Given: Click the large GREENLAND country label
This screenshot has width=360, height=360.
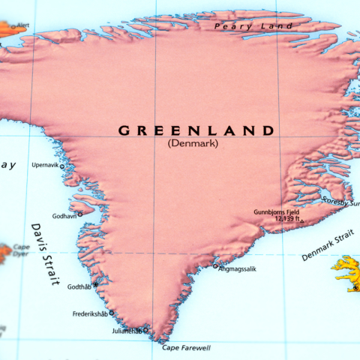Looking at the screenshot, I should click(196, 130).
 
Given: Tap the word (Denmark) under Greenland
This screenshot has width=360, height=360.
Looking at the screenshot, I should click(193, 143).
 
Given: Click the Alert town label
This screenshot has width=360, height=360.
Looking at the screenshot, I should click(22, 25).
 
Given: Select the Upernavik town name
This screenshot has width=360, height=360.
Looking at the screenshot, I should click(45, 164).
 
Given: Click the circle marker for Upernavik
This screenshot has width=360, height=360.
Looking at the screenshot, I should click(62, 167).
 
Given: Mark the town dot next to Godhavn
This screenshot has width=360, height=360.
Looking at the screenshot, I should click(80, 214).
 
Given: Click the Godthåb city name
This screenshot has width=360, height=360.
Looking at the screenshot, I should click(79, 287).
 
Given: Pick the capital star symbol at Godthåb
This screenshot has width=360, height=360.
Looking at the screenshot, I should click(95, 285).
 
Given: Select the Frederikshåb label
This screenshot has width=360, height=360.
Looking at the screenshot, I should click(89, 313).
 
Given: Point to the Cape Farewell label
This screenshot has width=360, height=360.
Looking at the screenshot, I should click(186, 348).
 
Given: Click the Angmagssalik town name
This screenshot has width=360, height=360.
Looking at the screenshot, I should click(237, 268).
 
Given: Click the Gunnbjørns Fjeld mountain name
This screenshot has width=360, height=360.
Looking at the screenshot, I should click(276, 212).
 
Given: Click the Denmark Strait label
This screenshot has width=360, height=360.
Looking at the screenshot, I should click(327, 247).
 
